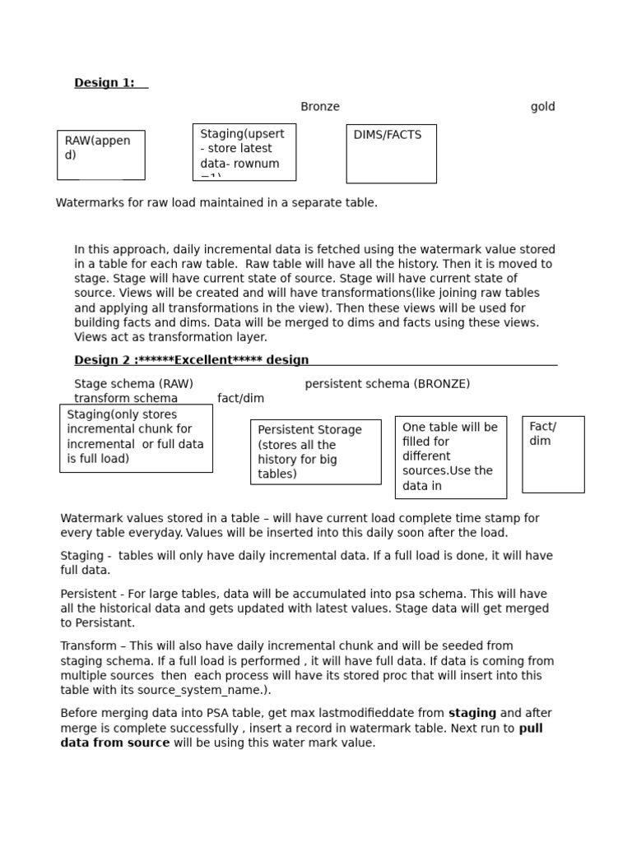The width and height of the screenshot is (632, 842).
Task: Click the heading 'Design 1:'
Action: coord(105,82)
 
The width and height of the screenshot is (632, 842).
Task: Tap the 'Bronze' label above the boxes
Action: coord(319,106)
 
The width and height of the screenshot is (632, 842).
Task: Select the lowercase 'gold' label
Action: coord(542,106)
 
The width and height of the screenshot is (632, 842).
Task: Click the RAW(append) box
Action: coord(100,155)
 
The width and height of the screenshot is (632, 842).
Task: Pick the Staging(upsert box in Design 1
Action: coord(244,152)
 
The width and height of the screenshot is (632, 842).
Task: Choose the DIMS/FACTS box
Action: coord(391,154)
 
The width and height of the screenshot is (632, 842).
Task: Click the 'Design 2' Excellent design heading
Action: coord(192,359)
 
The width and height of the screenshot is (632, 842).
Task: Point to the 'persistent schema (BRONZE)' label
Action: coord(387,383)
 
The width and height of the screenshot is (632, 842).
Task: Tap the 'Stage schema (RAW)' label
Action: coord(133,383)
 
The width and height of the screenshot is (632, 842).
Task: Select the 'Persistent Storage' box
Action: coord(315,451)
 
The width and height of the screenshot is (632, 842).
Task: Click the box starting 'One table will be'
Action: coord(450,457)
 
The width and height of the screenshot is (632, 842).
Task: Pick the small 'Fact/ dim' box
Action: coord(553,454)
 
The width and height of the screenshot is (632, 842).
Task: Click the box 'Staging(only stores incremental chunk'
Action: coord(136,437)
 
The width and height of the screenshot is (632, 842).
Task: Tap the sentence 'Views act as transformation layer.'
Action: coord(170,336)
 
